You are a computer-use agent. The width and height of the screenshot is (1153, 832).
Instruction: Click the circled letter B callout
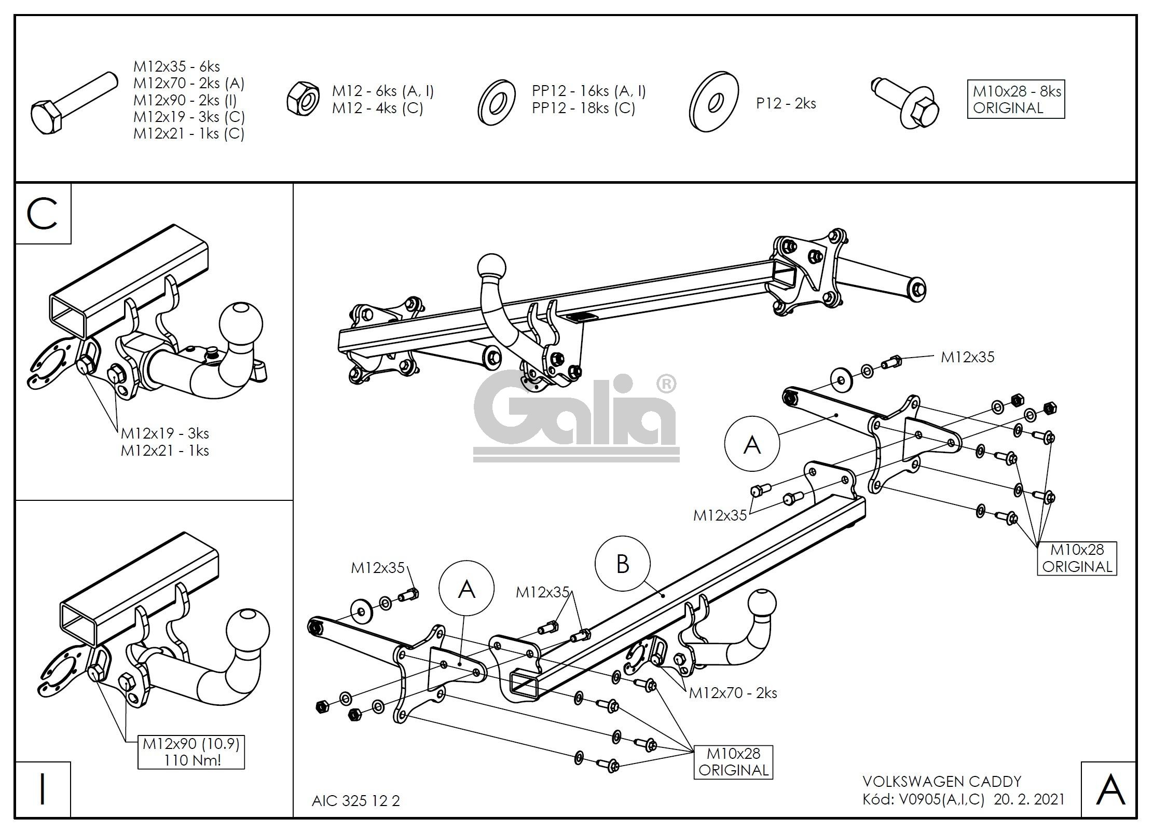point(622,564)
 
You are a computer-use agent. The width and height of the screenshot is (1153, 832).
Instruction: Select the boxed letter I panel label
point(43,789)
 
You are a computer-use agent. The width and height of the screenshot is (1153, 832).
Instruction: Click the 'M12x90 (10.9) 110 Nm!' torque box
point(191,752)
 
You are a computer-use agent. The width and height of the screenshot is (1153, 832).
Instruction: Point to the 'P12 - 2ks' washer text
point(786,103)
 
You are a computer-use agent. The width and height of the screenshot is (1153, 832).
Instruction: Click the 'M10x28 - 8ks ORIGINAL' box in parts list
point(1015,100)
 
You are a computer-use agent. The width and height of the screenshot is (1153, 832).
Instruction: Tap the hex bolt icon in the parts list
point(73,103)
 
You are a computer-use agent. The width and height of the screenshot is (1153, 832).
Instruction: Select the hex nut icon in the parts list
point(303,99)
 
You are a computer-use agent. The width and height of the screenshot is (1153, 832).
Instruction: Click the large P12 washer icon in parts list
point(714,102)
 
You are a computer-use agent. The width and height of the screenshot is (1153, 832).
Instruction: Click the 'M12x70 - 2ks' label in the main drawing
point(733,693)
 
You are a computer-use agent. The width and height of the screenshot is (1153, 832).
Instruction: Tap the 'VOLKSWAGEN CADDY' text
point(942,782)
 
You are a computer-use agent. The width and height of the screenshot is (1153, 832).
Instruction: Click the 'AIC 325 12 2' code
point(356,801)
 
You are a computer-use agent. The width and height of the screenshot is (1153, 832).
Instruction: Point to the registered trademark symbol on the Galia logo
point(666,385)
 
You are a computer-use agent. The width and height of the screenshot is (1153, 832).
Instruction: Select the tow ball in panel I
point(248,631)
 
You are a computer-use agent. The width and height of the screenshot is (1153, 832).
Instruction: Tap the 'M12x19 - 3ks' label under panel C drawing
point(165,433)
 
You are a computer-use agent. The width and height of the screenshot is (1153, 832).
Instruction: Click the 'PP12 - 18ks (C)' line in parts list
point(583,108)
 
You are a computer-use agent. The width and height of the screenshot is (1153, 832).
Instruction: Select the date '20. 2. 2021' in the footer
point(1029,799)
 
